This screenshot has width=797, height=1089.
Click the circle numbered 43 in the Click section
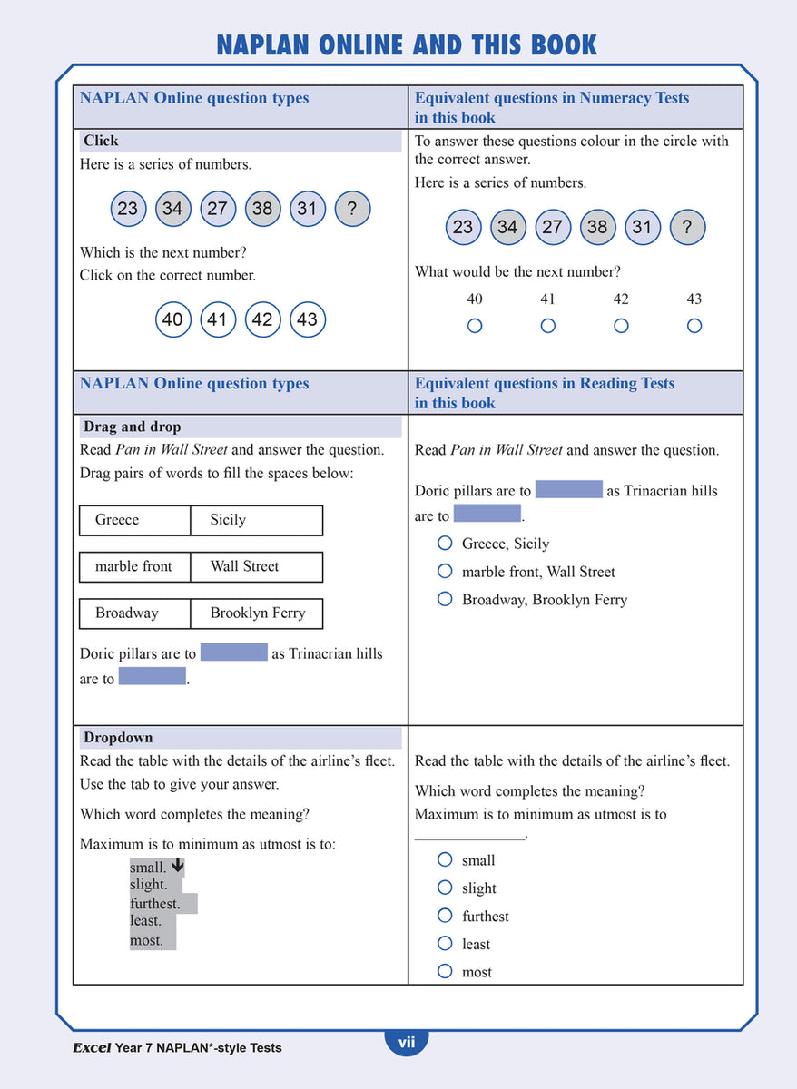(307, 319)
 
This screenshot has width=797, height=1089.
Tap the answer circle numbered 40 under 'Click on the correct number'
(172, 319)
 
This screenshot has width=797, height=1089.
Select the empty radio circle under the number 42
(621, 326)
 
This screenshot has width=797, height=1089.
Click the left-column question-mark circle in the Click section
(352, 209)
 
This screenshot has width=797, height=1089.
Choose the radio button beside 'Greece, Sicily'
(445, 543)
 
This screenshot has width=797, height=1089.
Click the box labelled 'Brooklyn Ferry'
(257, 613)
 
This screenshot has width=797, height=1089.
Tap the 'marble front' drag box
(134, 566)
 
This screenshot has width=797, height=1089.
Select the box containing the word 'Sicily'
(256, 520)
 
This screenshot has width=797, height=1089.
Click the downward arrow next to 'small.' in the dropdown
(178, 867)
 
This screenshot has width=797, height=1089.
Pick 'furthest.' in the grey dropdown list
(155, 904)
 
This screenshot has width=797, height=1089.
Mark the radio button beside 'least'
(445, 943)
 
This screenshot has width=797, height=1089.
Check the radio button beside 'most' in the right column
(445, 971)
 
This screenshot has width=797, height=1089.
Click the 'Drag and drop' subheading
(133, 427)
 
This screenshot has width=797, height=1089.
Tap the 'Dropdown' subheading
(118, 738)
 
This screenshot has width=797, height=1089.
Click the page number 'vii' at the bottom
(406, 1043)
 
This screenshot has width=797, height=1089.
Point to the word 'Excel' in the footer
(92, 1047)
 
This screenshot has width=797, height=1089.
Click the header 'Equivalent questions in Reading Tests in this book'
(545, 393)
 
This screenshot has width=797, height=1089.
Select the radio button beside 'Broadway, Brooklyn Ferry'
(445, 599)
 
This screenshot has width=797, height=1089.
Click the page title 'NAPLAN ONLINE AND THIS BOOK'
(406, 44)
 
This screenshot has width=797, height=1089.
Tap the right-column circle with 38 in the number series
(596, 227)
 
